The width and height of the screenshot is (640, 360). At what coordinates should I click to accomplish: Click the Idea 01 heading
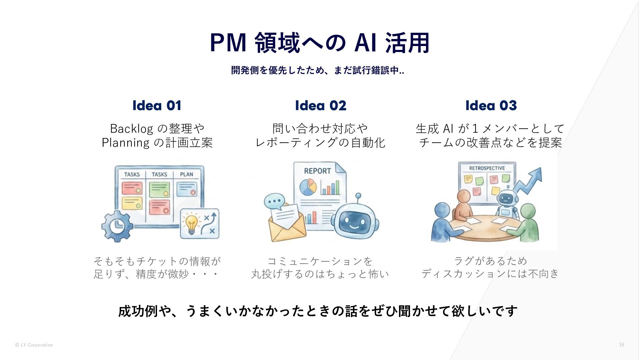(157, 105)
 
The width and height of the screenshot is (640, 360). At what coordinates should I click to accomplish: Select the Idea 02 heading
(320, 105)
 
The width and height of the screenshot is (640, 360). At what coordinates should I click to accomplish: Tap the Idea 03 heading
(491, 105)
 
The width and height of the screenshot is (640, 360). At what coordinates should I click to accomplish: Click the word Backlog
(131, 128)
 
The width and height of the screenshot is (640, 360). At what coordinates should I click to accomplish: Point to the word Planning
(126, 143)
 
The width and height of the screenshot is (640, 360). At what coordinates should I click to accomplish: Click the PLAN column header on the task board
(186, 174)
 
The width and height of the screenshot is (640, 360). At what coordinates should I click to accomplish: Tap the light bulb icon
(191, 223)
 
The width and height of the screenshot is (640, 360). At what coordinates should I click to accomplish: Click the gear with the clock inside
(117, 226)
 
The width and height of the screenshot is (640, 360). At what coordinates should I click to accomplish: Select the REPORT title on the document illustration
(317, 171)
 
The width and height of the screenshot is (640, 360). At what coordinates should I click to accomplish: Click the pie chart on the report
(308, 187)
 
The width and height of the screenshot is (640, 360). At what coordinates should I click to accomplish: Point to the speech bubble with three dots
(274, 201)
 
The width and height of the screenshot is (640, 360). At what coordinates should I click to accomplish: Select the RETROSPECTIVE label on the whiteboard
(487, 168)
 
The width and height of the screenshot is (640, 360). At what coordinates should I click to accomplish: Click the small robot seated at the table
(506, 203)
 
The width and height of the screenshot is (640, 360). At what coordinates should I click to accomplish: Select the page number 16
(621, 345)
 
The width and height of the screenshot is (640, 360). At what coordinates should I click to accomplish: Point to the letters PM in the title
(228, 43)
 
